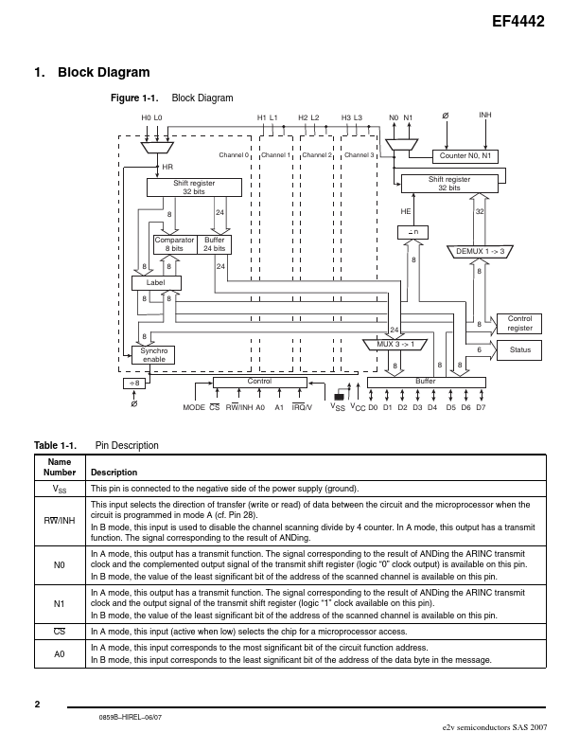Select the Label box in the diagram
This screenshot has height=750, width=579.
156,282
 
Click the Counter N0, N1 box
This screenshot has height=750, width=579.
466,154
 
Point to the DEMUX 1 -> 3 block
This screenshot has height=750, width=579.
480,251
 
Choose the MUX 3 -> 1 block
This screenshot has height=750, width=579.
395,344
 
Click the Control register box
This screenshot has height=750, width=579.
519,323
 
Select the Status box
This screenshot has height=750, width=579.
519,350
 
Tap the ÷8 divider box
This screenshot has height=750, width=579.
133,383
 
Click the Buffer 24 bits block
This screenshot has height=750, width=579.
215,244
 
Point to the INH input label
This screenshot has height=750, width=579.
485,116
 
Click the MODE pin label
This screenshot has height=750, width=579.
193,407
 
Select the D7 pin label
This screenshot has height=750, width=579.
481,407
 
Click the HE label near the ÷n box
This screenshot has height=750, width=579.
406,211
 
